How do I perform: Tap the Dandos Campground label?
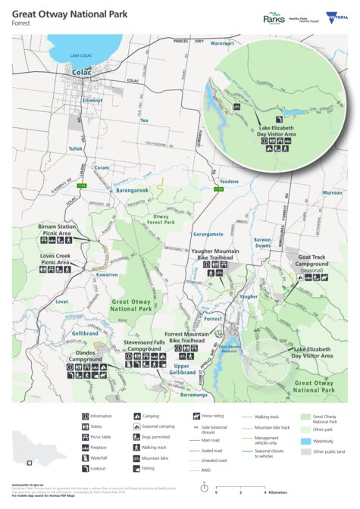coord(86,356)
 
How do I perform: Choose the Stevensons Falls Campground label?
coord(144,345)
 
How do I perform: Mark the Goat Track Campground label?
coord(312,261)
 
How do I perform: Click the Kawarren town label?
coord(106,275)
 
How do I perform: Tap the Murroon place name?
coord(332,193)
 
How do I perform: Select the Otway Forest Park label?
coord(160,220)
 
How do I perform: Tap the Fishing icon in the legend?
coord(136,468)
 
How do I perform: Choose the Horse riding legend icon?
coord(195,416)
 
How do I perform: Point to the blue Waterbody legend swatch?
coord(305,441)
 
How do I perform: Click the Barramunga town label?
coord(194,395)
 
